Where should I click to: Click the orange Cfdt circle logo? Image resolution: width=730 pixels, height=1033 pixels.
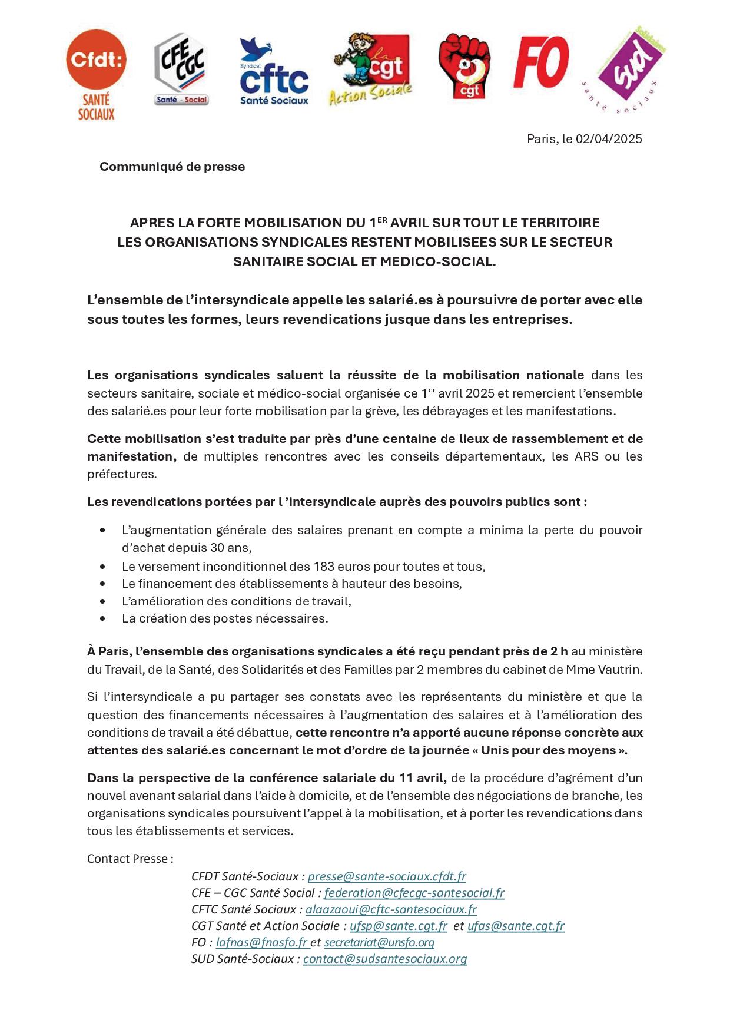tap(96, 59)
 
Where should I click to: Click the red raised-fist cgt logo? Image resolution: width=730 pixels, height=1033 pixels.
tap(464, 65)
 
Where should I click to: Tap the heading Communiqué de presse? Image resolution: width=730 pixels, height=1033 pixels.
tap(172, 167)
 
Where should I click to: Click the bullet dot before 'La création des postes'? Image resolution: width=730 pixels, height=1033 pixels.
tap(104, 619)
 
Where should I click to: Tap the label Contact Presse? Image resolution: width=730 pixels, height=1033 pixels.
tap(130, 859)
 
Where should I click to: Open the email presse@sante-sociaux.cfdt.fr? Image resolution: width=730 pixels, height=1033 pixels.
tap(387, 876)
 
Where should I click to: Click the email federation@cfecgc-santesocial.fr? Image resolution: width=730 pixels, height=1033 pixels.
tap(414, 893)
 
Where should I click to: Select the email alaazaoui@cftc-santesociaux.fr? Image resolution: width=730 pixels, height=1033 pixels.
tap(391, 909)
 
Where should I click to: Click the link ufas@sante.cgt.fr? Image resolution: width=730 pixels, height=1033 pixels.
tap(516, 926)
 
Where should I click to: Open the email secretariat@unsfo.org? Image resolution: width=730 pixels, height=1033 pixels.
tap(379, 942)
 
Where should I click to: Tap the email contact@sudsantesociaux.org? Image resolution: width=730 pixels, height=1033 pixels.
tap(385, 959)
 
